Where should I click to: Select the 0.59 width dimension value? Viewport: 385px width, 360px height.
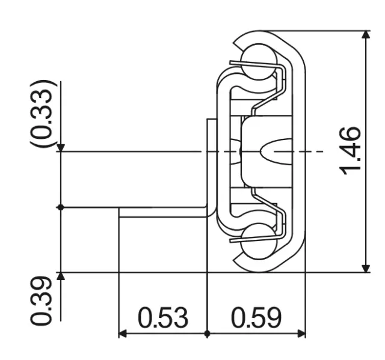[x=256, y=318]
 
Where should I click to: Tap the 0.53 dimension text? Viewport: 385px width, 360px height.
[x=163, y=318]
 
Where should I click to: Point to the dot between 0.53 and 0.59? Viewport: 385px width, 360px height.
[x=207, y=334]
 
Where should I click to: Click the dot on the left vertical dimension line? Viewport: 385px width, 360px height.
[x=60, y=207]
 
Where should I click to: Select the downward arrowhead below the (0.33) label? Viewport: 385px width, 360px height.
[x=60, y=147]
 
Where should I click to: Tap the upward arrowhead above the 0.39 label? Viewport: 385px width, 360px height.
[x=60, y=277]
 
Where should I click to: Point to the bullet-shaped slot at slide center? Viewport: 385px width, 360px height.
[x=274, y=151]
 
